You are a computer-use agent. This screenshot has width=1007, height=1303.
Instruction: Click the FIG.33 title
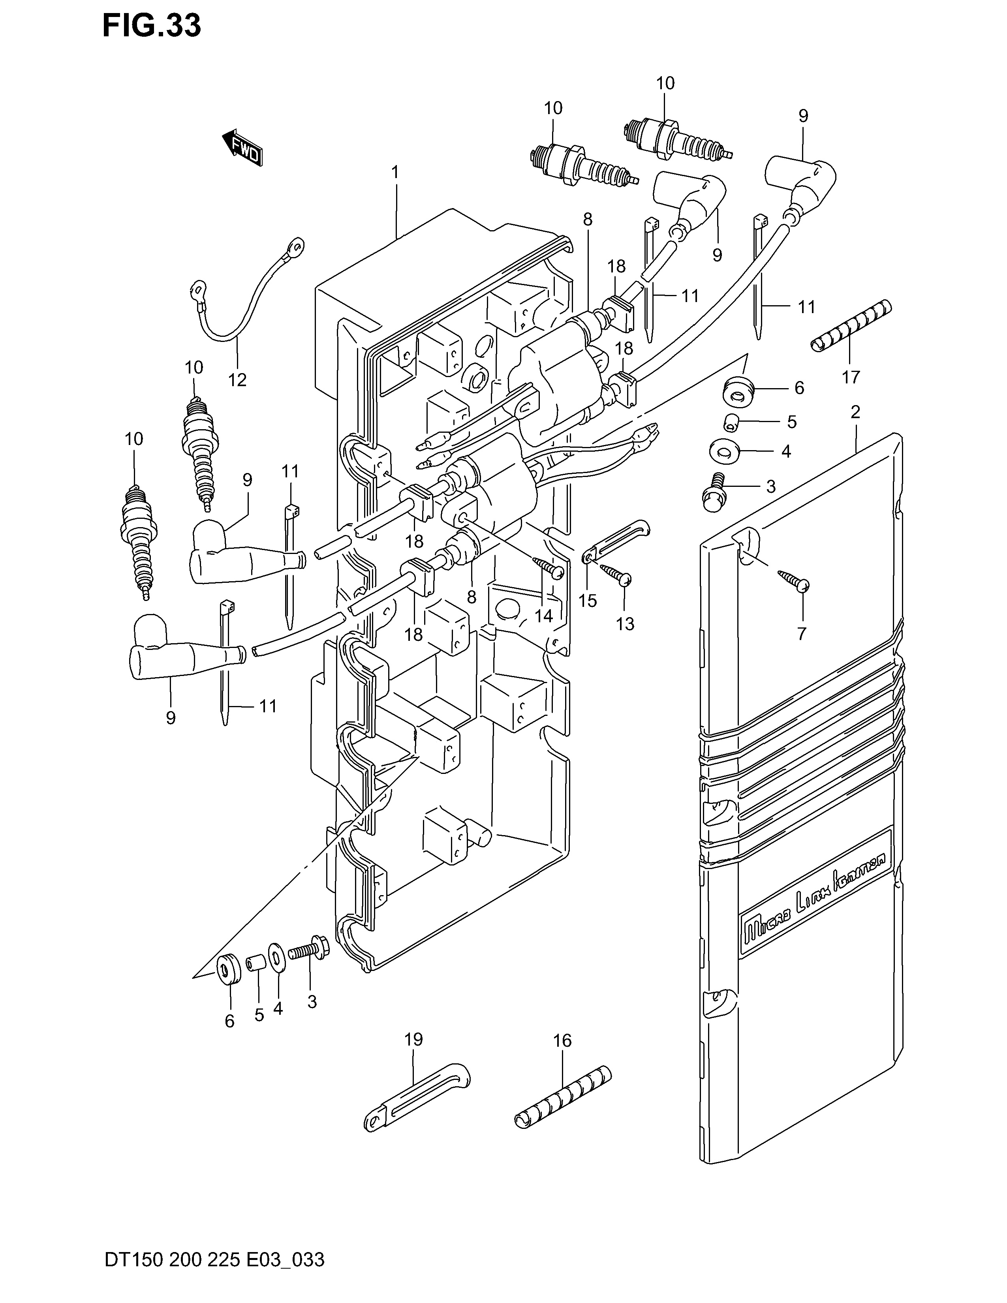[x=152, y=26]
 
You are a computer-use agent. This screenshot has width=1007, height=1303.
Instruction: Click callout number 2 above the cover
[x=855, y=412]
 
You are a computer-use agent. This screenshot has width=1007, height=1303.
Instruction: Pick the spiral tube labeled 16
[x=563, y=1098]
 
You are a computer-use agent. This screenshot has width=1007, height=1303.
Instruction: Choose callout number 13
[x=625, y=624]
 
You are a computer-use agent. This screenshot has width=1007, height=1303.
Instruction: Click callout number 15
[x=588, y=600]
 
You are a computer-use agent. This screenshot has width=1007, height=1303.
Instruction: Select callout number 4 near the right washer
[x=786, y=452]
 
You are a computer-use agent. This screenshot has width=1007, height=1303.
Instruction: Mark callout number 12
[x=237, y=379]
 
